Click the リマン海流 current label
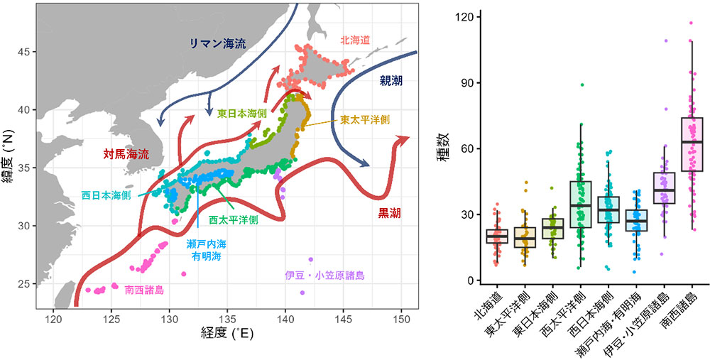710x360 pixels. click(x=217, y=43)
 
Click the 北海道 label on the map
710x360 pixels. click(x=357, y=40)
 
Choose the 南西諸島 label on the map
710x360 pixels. click(x=144, y=290)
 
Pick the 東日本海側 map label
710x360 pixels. click(x=242, y=113)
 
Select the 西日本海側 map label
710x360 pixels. click(x=106, y=194)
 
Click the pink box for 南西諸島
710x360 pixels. click(x=691, y=144)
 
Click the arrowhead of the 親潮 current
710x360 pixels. click(x=368, y=165)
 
